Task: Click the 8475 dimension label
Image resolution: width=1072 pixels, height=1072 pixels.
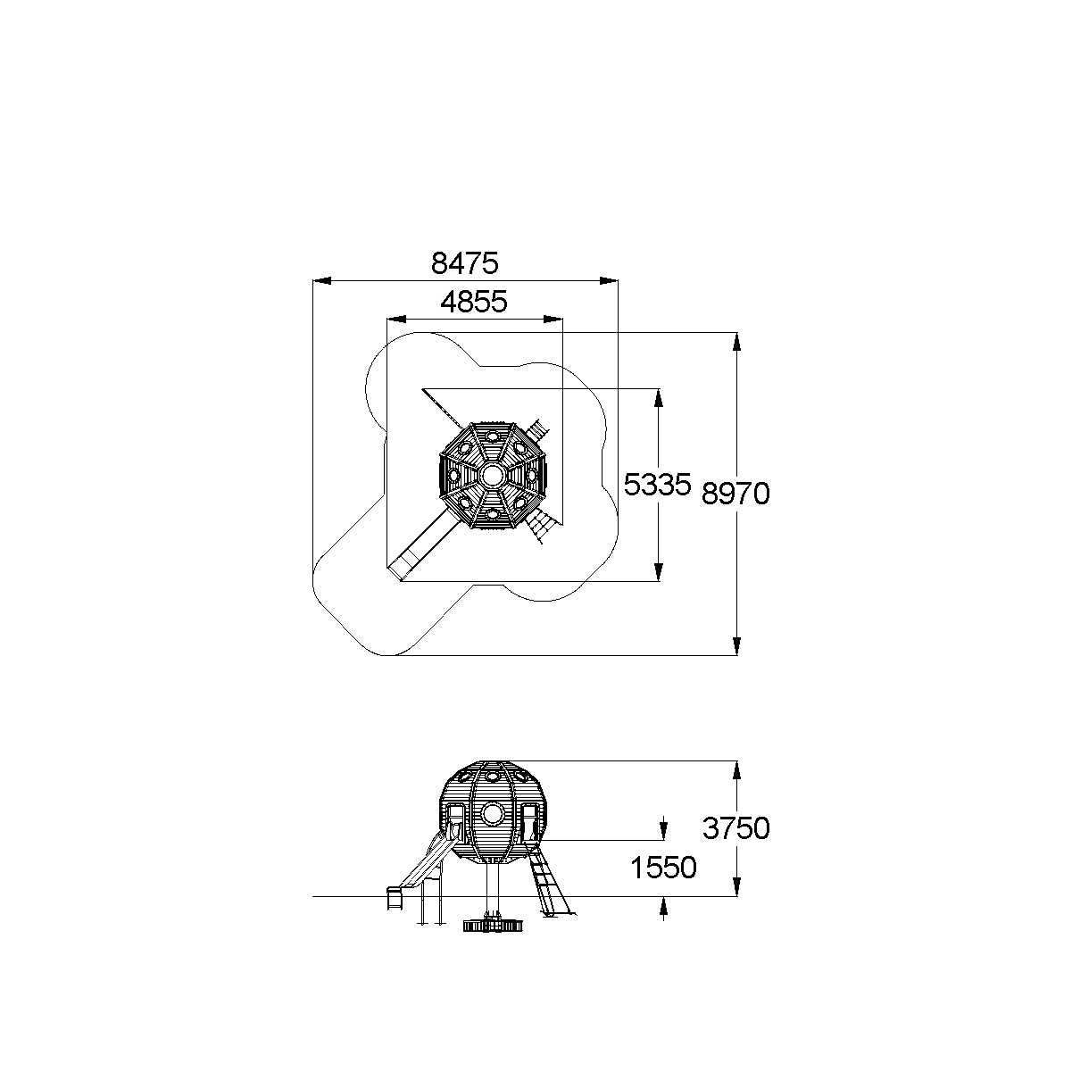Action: (464, 263)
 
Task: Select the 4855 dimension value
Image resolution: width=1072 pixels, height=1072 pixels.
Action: (474, 302)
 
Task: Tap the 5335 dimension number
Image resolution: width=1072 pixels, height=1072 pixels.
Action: (657, 485)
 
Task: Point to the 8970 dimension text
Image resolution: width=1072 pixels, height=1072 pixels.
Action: (735, 494)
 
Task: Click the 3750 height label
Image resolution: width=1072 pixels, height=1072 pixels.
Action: (736, 828)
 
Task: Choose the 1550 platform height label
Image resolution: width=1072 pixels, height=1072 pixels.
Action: (663, 868)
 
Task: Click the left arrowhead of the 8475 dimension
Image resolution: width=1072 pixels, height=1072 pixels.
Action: (322, 281)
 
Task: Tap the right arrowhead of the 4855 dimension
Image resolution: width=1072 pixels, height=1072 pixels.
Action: (553, 320)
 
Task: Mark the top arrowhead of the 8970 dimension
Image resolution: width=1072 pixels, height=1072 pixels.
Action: (736, 342)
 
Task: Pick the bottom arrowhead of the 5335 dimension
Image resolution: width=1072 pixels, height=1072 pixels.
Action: (659, 572)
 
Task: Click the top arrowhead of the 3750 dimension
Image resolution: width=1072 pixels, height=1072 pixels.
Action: (736, 770)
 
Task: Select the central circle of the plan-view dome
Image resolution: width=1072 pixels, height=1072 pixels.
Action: (493, 476)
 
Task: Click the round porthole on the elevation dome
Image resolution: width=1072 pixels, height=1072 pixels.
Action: (492, 814)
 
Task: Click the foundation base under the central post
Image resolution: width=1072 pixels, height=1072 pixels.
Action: (493, 926)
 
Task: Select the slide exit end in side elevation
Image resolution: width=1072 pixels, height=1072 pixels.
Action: (394, 899)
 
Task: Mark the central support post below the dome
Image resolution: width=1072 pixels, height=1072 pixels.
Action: (493, 889)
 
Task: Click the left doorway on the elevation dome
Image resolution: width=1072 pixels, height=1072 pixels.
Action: (455, 824)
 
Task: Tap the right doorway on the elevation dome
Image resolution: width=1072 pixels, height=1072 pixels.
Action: (529, 824)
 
